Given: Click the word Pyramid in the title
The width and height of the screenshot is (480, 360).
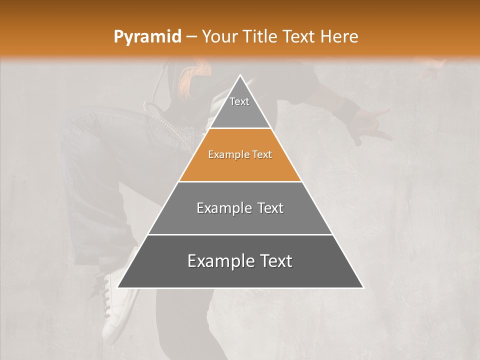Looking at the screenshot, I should (147, 37).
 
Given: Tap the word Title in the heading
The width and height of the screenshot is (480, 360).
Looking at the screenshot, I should (262, 37).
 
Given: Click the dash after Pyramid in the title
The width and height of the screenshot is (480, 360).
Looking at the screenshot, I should (191, 37).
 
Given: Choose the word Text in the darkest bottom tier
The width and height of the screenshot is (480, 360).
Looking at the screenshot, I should (273, 261).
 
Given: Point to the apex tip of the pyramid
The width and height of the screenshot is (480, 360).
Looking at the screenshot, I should (240, 75).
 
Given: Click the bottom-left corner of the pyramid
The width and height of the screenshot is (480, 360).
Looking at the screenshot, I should (118, 287).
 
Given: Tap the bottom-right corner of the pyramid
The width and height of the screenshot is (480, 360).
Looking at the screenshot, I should (362, 287).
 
